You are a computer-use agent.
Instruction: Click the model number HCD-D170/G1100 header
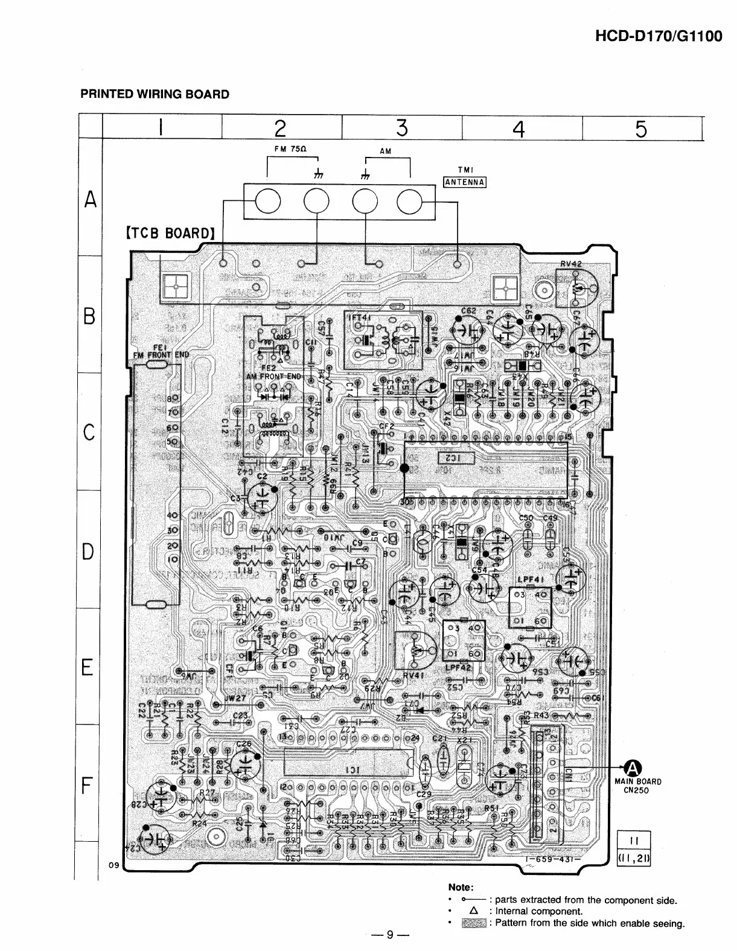coord(659,36)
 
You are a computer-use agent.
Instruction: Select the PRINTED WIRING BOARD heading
coord(155,94)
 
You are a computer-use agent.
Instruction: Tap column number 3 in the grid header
coord(402,128)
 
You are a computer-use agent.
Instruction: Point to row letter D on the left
coord(89,552)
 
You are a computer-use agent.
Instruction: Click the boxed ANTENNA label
coord(465,182)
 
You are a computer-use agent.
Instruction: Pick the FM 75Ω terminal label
coord(292,148)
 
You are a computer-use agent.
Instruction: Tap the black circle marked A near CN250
coord(632,768)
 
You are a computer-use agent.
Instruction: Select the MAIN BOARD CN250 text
coord(638,786)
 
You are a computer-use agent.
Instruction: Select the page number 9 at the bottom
coord(390,935)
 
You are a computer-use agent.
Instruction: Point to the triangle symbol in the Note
coord(473,911)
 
